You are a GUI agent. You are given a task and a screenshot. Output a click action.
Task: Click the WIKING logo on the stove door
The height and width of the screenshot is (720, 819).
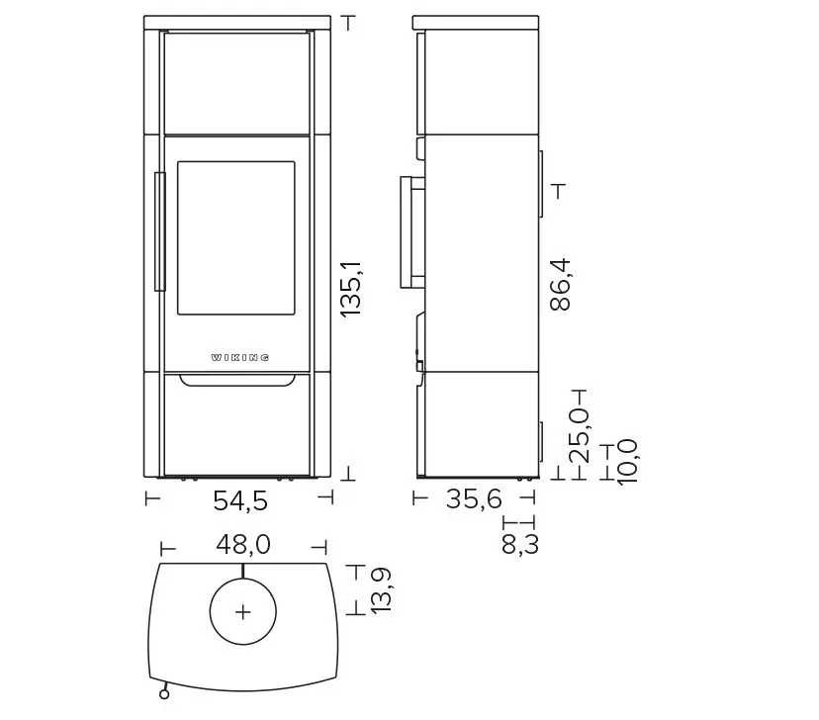coord(240,358)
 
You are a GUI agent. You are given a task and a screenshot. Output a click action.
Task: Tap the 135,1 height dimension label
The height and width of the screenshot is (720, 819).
coord(351,289)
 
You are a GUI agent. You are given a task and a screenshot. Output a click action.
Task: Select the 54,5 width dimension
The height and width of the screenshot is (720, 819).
coord(240,500)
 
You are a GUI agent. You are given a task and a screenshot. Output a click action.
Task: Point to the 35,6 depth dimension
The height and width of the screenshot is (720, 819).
coord(474,499)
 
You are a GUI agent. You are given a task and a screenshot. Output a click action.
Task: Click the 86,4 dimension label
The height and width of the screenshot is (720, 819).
coord(561,285)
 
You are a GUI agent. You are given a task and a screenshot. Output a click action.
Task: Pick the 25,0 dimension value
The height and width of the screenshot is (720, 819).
coord(580,436)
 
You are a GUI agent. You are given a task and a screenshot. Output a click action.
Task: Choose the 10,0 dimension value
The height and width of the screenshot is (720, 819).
coord(627,462)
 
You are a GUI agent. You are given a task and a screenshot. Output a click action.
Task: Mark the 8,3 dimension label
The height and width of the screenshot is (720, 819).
coord(519,544)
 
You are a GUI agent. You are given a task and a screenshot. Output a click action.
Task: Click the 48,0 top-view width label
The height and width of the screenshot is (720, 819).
coord(243,545)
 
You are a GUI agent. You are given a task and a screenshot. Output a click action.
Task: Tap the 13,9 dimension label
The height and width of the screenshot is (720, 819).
coord(381,590)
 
